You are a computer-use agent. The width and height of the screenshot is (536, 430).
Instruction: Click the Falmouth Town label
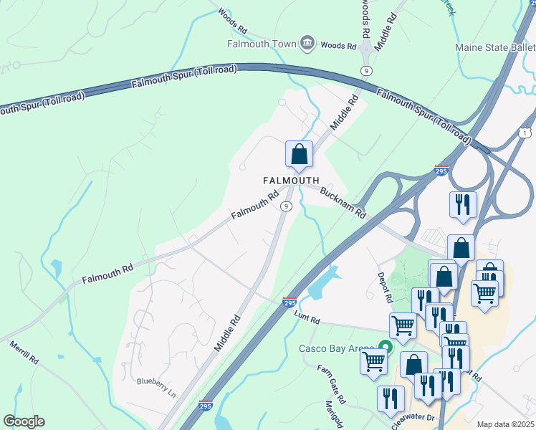click(x=262, y=44)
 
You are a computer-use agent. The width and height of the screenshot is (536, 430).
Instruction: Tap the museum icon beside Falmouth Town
click(x=307, y=44)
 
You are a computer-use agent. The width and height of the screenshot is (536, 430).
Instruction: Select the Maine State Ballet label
click(x=494, y=48)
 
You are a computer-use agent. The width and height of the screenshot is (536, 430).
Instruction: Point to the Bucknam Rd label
click(x=343, y=203)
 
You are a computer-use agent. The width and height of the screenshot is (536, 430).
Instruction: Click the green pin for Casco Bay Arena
click(x=386, y=348)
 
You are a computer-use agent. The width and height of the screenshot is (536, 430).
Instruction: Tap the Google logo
click(x=24, y=421)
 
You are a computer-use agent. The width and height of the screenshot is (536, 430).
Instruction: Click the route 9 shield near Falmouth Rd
click(x=286, y=206)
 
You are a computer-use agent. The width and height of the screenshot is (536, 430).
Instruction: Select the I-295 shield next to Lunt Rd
click(x=289, y=303)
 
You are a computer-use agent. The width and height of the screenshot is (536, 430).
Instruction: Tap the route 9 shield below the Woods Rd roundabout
click(x=366, y=70)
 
